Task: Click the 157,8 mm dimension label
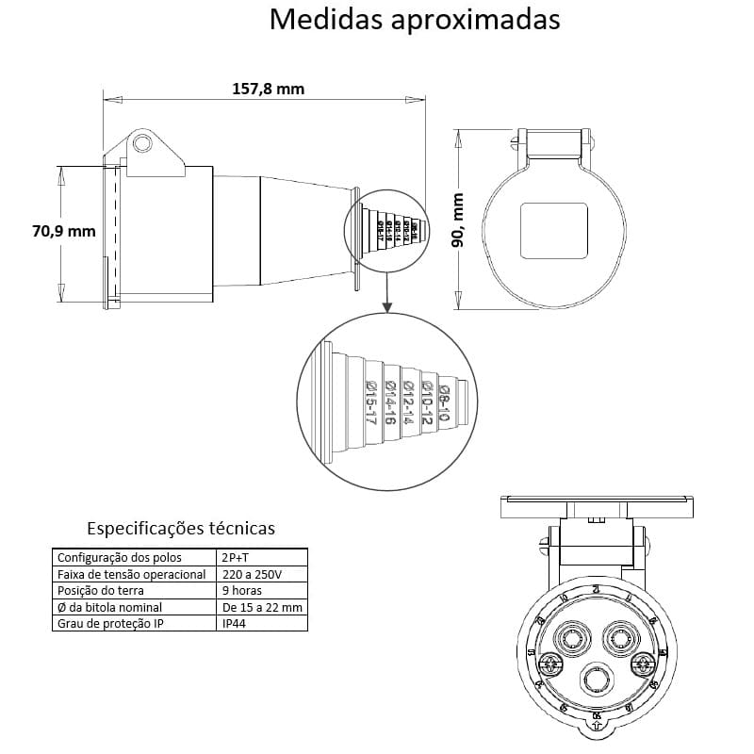pyautogui.click(x=268, y=89)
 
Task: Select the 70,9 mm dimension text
pyautogui.click(x=63, y=231)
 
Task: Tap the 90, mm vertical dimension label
pyautogui.click(x=459, y=220)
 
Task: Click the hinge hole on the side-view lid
pyautogui.click(x=142, y=143)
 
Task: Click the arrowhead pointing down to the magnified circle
pyautogui.click(x=386, y=307)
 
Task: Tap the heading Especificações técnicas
pyautogui.click(x=181, y=528)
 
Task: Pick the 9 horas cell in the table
pyautogui.click(x=241, y=591)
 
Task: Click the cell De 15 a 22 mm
pyautogui.click(x=261, y=608)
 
